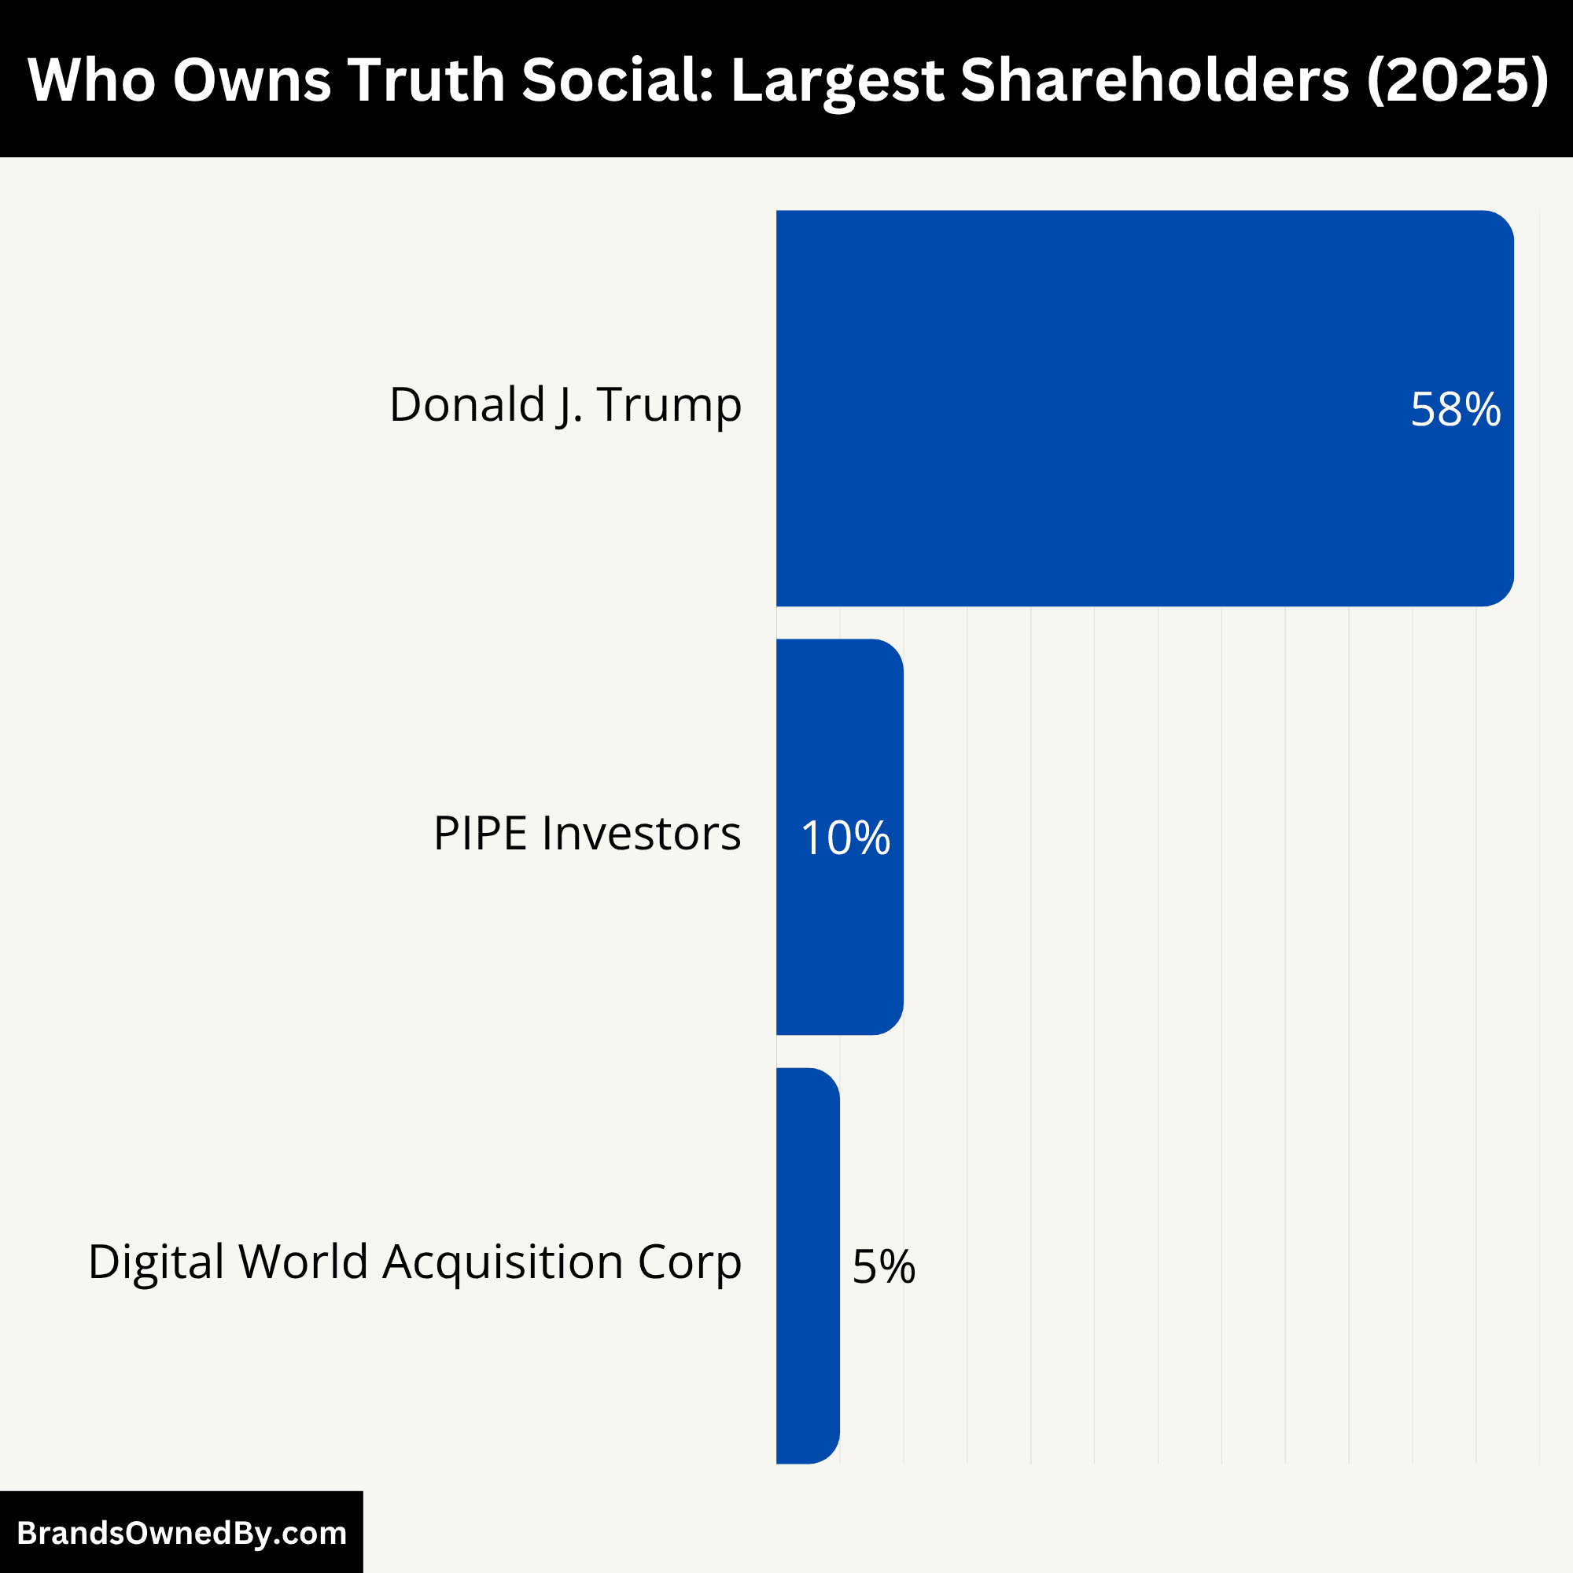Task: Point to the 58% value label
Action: point(1455,410)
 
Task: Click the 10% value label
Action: point(845,838)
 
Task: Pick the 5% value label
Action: point(883,1267)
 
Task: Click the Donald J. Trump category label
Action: point(565,404)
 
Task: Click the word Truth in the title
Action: point(427,79)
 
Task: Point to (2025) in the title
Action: point(1457,79)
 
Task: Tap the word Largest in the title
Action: point(836,79)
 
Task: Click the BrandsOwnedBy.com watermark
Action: point(182,1532)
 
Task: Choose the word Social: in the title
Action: point(617,79)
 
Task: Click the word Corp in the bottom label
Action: point(689,1263)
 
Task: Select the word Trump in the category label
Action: point(669,404)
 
